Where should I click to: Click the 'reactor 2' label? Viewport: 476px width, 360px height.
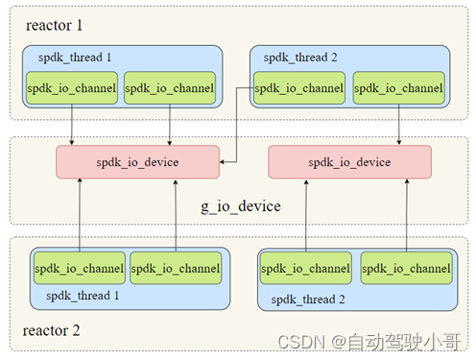click(x=53, y=332)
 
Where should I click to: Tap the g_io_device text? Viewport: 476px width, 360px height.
click(x=240, y=205)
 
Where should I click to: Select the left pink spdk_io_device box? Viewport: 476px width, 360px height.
click(x=137, y=162)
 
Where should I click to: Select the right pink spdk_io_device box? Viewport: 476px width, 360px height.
click(x=349, y=162)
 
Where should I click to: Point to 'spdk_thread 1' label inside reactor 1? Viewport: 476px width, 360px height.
click(x=75, y=58)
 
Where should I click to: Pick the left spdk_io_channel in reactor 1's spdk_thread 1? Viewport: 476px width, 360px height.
click(x=73, y=89)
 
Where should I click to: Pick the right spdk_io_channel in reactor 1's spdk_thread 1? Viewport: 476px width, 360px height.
click(x=169, y=89)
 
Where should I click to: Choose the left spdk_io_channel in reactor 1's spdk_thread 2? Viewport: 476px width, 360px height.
click(x=300, y=89)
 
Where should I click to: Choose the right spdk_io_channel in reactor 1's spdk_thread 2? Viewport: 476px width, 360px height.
click(x=397, y=89)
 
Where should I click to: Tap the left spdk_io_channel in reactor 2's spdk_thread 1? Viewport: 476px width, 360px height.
click(x=79, y=268)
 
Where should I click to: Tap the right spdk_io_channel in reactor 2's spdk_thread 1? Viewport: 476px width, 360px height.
click(x=175, y=268)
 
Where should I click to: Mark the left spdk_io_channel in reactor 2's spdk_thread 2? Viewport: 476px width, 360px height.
click(x=306, y=269)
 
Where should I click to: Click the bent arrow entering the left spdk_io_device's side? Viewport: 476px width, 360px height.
click(x=238, y=134)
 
